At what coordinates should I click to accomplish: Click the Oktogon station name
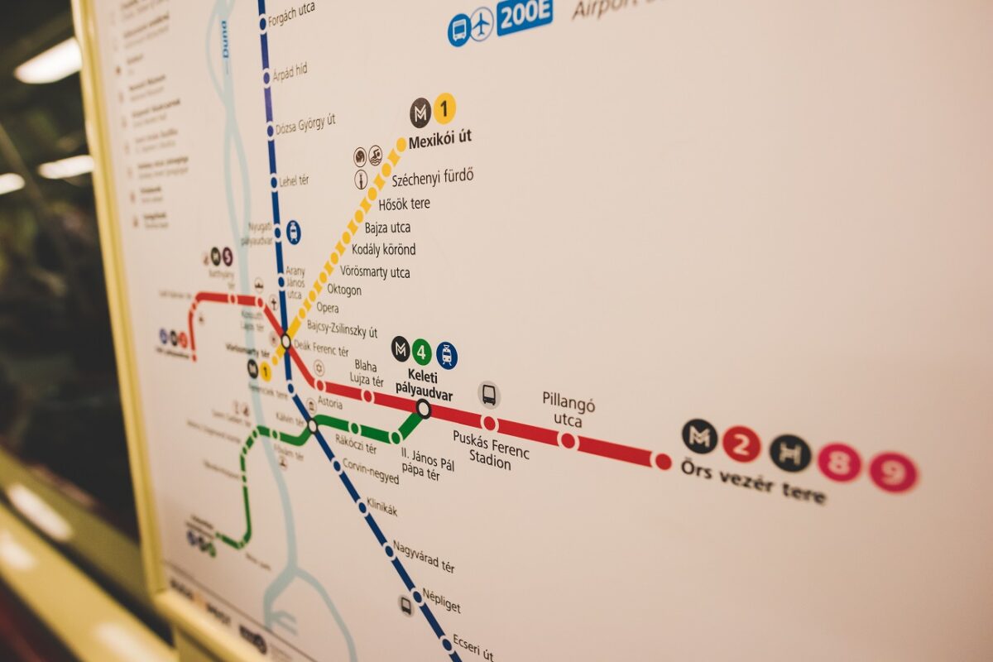tap(344, 290)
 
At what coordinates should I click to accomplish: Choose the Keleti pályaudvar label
tap(424, 385)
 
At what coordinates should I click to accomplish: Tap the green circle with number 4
tap(422, 353)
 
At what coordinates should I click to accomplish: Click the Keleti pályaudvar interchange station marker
tap(424, 408)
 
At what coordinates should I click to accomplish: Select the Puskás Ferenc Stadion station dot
tap(489, 424)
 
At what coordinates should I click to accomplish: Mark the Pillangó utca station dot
tap(568, 441)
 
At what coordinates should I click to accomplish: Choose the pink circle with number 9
tap(894, 473)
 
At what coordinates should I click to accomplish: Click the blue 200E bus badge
tap(525, 17)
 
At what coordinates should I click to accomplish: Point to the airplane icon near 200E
tap(482, 25)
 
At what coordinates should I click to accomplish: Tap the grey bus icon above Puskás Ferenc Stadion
tap(489, 395)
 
